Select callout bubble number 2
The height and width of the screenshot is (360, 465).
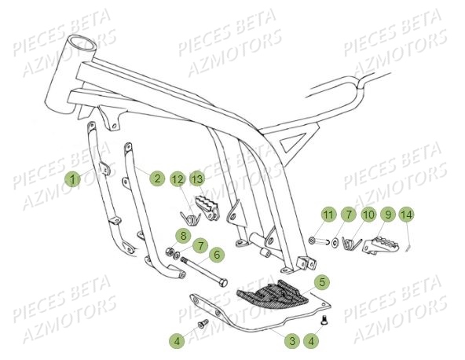pos(157,178)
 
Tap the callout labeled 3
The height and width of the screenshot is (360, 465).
pos(291,340)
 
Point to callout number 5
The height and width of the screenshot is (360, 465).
pos(321,281)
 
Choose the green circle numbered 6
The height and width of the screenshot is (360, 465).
pos(217,255)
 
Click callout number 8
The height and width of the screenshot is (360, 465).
pos(182,234)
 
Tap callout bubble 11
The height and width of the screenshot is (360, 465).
pos(328,214)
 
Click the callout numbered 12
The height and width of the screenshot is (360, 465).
pos(178,179)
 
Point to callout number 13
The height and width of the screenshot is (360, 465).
pos(196,179)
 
